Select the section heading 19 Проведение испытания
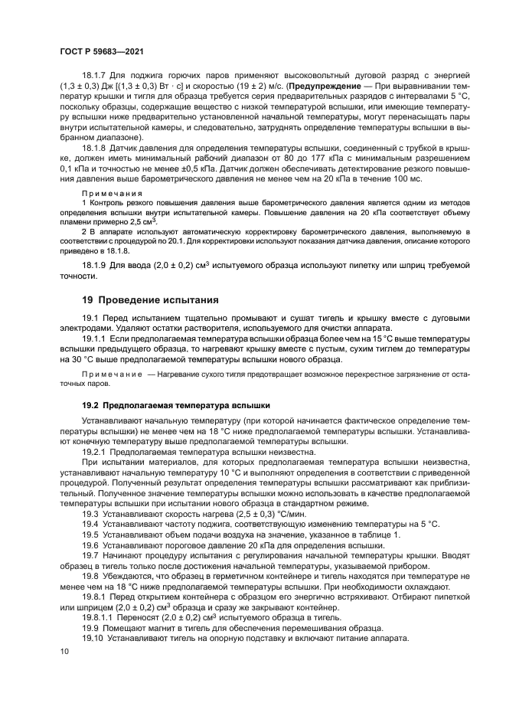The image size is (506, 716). (150, 299)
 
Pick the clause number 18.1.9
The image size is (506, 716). (95, 264)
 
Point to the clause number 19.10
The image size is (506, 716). (92, 638)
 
